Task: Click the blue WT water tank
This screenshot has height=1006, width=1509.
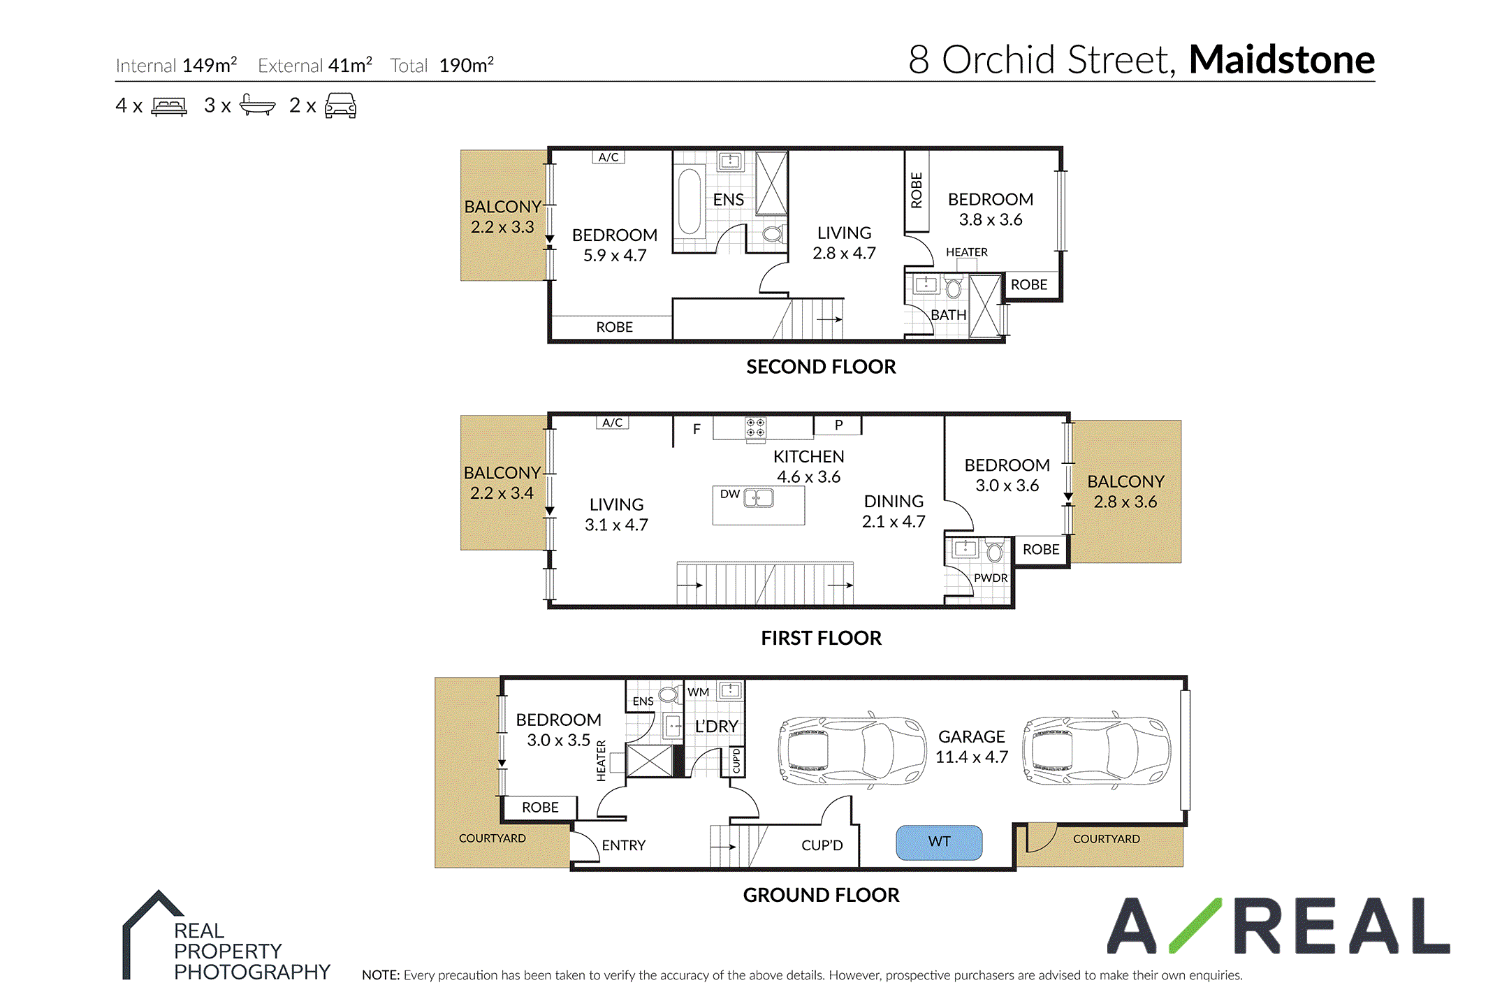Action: [939, 843]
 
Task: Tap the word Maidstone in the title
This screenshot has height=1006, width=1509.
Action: [1282, 59]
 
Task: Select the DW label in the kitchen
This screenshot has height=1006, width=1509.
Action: [730, 494]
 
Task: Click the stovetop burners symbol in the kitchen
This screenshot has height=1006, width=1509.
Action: [755, 428]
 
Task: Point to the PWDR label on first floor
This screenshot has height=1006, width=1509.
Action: [991, 578]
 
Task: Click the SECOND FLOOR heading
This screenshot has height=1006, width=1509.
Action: [821, 367]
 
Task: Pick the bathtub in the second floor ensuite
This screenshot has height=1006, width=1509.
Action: [690, 201]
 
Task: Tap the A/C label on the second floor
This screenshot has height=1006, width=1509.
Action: [608, 157]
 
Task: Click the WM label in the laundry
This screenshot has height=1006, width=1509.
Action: [698, 692]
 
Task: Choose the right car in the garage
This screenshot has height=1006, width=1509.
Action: [1096, 751]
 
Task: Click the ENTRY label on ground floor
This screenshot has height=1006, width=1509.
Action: [623, 845]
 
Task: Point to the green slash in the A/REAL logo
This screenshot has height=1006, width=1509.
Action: [1195, 926]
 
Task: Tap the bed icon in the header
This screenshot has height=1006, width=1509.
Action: [169, 106]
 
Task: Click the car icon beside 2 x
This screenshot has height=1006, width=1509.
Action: [340, 105]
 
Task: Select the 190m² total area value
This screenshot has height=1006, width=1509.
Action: [466, 65]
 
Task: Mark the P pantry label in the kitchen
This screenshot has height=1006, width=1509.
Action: [838, 425]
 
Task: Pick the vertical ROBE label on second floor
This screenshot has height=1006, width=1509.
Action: [917, 190]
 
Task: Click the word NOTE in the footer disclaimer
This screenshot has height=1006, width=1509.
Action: [381, 975]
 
